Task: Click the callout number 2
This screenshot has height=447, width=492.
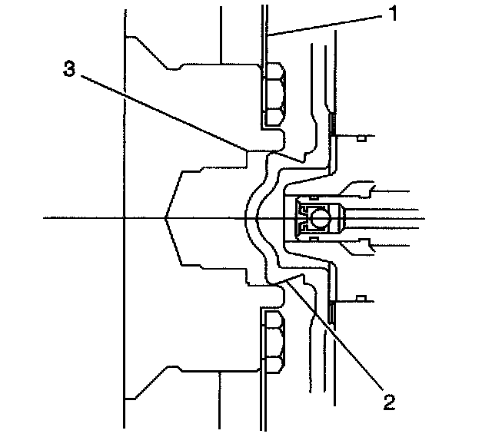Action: coord(390,399)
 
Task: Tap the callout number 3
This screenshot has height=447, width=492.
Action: coord(69,68)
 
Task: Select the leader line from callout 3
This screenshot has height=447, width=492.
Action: coord(177,116)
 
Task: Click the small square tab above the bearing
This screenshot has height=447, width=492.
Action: coord(359,138)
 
